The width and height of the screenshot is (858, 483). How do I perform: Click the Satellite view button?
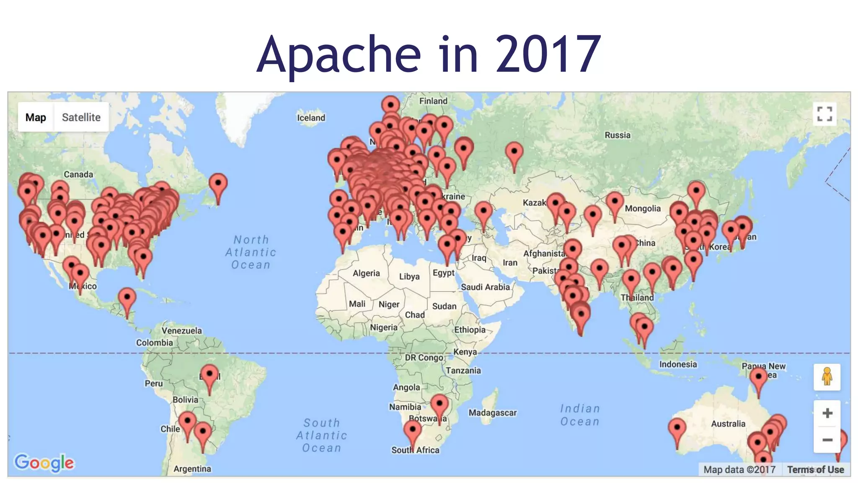(81, 117)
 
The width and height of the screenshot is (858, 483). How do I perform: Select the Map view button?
(36, 117)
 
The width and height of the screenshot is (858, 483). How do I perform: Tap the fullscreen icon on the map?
(824, 114)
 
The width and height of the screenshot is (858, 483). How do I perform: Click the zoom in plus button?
(827, 413)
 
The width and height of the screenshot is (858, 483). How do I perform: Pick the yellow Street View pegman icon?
(827, 377)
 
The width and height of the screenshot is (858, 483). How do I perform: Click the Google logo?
(44, 463)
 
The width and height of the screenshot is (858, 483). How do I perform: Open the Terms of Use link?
(815, 470)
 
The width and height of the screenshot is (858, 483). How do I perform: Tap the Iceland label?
(311, 118)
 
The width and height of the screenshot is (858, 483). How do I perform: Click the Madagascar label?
(492, 413)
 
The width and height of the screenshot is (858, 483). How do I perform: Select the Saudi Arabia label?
(485, 287)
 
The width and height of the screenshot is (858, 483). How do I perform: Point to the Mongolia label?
(643, 209)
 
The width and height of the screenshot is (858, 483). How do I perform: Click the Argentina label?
(192, 469)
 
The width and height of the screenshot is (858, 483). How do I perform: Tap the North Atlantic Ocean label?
(251, 252)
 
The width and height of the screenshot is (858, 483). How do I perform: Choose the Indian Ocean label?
(580, 415)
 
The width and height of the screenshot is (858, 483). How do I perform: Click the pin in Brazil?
(209, 374)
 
